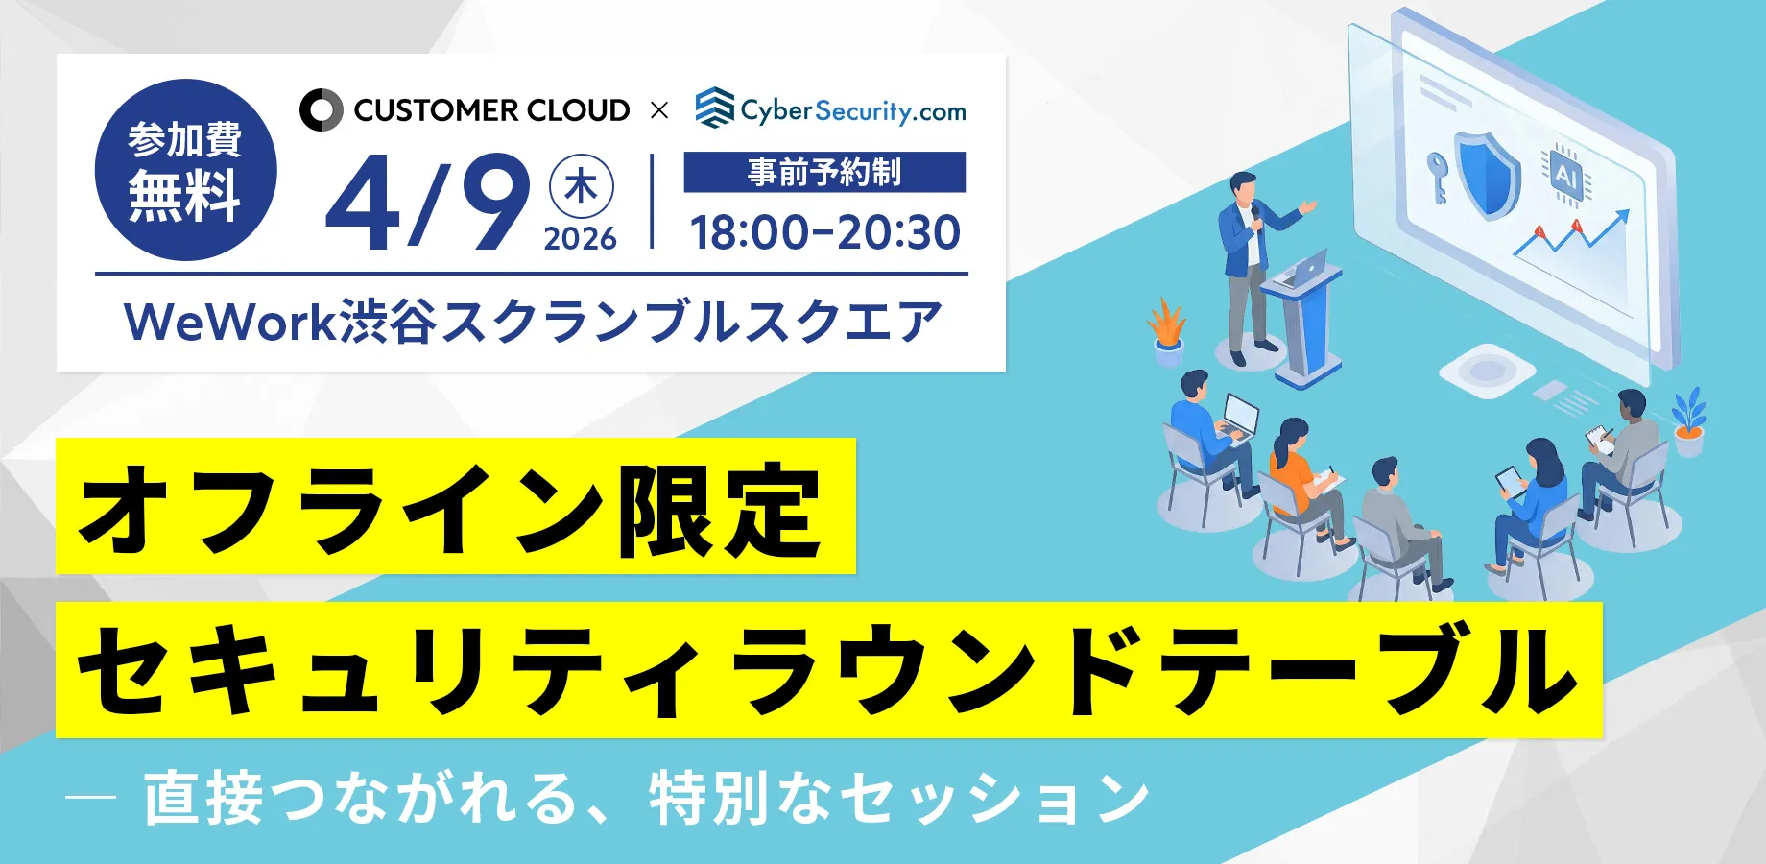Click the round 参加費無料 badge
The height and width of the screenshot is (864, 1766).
point(186,170)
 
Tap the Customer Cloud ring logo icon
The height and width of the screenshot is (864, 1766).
point(321,110)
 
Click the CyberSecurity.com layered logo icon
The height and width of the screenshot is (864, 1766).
point(714,108)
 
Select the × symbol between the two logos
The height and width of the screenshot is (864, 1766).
point(659,110)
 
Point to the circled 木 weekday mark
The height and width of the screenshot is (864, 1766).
point(581,186)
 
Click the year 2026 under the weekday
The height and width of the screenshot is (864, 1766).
point(581,238)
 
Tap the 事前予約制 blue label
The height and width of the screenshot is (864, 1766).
point(824,172)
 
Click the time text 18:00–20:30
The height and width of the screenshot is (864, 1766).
point(825,232)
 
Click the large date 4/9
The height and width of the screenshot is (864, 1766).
point(428,203)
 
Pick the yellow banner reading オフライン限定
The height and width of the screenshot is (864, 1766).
point(456,506)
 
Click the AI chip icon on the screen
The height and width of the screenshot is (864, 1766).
point(1564,175)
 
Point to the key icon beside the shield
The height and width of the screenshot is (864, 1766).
point(1437,178)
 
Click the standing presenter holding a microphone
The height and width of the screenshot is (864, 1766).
point(1252,267)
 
